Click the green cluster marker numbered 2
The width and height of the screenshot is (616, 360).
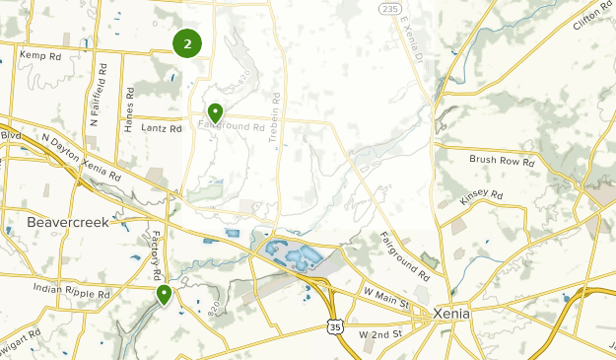(186, 43)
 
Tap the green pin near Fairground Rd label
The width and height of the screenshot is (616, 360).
(214, 112)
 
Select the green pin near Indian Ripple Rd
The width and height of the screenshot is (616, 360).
(164, 294)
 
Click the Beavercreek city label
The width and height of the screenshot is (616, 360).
(68, 222)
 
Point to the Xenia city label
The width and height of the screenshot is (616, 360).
(451, 313)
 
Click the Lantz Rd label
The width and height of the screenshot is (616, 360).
(163, 128)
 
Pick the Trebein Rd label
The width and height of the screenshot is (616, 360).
(277, 118)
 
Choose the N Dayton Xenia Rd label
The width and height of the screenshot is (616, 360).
(81, 157)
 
